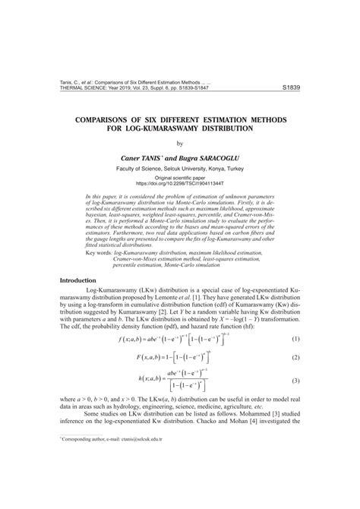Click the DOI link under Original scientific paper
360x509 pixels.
(x=180, y=183)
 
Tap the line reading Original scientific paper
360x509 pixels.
(x=180, y=176)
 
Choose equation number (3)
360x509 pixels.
(x=295, y=380)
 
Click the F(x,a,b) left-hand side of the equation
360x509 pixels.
(x=151, y=356)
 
